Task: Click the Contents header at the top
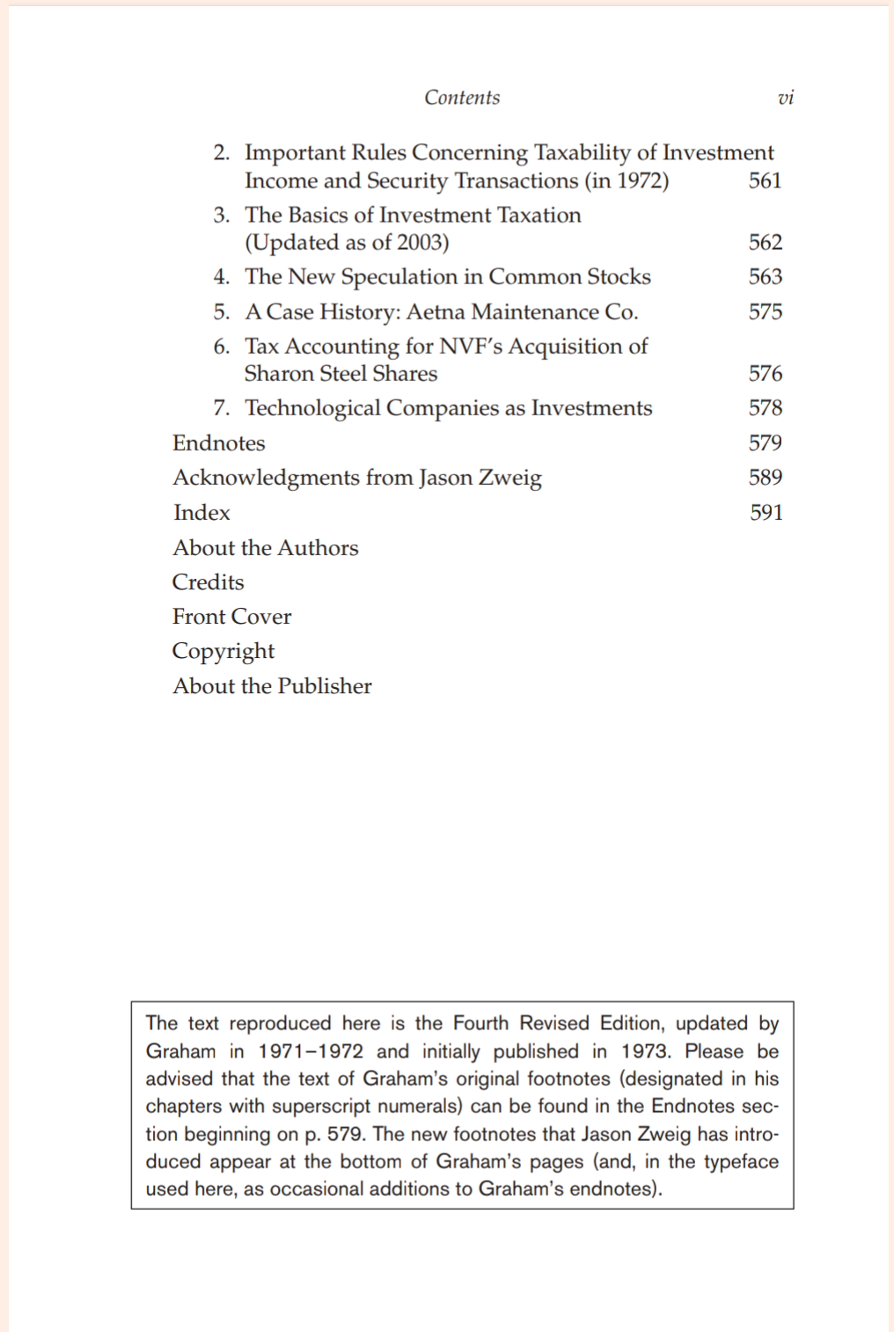tap(462, 98)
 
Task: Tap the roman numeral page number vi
tap(786, 98)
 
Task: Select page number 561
tap(765, 180)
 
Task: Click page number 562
tap(765, 242)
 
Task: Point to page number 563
tap(765, 276)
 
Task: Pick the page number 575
tap(765, 311)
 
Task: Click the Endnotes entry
tap(218, 443)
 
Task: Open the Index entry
tap(202, 512)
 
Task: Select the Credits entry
tap(208, 582)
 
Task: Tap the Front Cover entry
tap(231, 617)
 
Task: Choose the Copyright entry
tap(223, 651)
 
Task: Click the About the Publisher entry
tap(272, 686)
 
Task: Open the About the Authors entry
tap(266, 547)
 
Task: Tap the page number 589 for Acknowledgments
tap(765, 477)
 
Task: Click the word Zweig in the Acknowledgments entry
tap(509, 478)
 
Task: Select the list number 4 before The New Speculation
tap(221, 276)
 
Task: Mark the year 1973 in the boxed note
tap(645, 1051)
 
